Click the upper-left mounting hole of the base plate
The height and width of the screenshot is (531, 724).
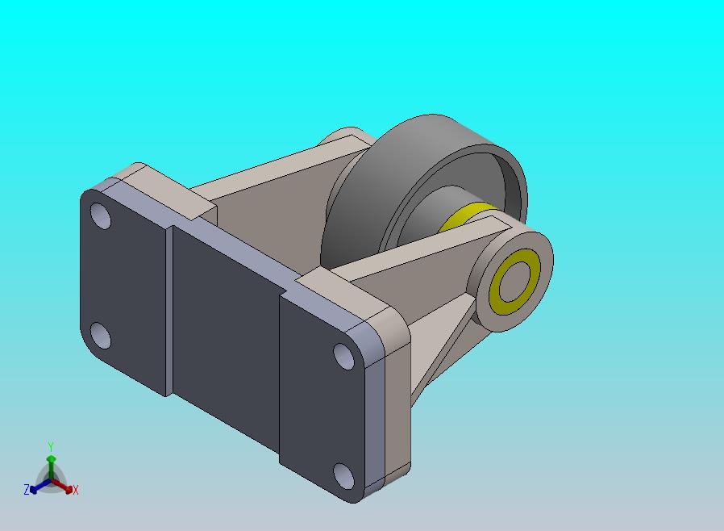click(x=101, y=215)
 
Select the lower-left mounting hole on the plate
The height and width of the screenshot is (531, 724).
click(x=100, y=336)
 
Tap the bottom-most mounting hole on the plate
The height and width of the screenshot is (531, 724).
click(x=344, y=476)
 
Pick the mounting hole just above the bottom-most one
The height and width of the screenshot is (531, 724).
click(x=344, y=356)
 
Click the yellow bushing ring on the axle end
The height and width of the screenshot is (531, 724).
click(x=514, y=282)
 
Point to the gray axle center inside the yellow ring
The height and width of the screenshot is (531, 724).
click(x=514, y=282)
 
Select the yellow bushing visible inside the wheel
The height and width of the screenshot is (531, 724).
click(x=464, y=216)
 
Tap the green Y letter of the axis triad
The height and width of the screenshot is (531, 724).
click(x=51, y=446)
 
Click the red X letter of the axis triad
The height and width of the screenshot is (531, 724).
click(x=75, y=490)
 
